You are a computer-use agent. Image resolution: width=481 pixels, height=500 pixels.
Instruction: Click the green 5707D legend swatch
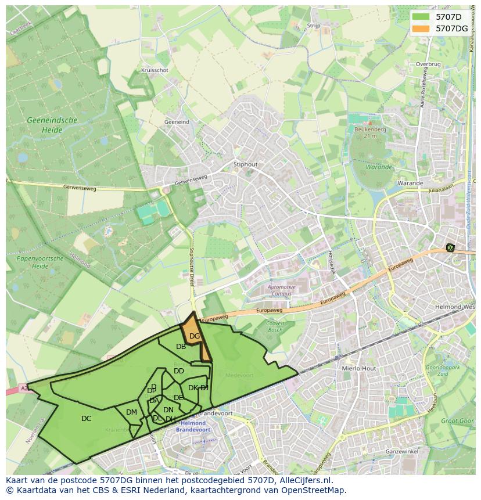click(x=421, y=17)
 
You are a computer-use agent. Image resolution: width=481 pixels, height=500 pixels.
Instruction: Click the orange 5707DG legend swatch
click(x=421, y=28)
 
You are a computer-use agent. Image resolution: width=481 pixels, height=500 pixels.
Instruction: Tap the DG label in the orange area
click(x=195, y=336)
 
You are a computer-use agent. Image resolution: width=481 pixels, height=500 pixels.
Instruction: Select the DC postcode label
click(x=86, y=419)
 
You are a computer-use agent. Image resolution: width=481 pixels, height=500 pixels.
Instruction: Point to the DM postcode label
click(x=131, y=412)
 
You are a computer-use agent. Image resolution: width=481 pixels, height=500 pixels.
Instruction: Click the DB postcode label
click(x=181, y=347)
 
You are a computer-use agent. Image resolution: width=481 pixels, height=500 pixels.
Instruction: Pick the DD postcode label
click(x=179, y=371)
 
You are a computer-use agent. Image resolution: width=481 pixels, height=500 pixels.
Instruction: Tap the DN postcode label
click(x=168, y=410)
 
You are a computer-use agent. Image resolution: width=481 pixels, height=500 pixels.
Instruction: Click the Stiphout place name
click(x=245, y=164)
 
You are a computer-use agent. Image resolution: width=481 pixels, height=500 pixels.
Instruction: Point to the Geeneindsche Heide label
click(x=52, y=125)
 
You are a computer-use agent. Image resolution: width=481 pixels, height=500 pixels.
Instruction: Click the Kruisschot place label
click(x=155, y=70)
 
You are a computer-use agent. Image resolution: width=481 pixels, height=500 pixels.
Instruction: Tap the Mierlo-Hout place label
click(x=360, y=368)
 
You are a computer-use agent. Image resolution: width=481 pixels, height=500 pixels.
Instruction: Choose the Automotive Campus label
click(x=282, y=290)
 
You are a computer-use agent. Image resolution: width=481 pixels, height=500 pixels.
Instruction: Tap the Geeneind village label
click(x=177, y=123)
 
